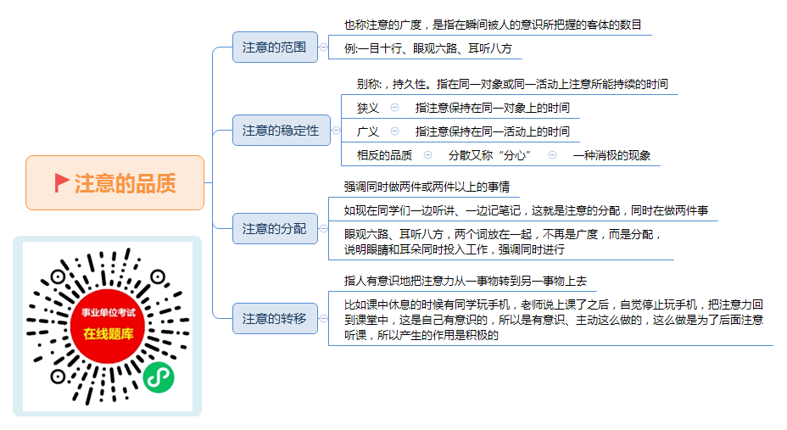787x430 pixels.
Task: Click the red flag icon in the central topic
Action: (61, 182)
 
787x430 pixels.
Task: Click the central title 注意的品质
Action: (126, 183)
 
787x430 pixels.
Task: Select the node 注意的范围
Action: (275, 47)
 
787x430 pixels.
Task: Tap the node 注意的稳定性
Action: (281, 131)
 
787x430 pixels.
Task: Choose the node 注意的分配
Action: (275, 229)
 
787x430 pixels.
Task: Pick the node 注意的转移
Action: (275, 319)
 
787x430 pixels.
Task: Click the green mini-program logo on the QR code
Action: (159, 377)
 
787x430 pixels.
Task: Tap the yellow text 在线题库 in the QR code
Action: (109, 333)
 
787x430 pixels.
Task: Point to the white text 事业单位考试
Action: (109, 313)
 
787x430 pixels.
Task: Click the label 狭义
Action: (368, 108)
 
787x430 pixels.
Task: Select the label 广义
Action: (368, 131)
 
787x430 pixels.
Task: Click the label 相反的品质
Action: (384, 155)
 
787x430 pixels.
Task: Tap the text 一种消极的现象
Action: (611, 155)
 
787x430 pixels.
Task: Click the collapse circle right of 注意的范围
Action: (324, 47)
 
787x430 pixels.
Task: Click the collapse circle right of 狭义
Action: (395, 108)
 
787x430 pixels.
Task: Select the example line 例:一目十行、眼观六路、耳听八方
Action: (428, 48)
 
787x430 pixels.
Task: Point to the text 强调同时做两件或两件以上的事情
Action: (427, 187)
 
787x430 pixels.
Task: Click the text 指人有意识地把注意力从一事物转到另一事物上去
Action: (466, 281)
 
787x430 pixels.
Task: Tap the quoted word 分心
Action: (516, 155)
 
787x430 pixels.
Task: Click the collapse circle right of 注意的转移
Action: (324, 319)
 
